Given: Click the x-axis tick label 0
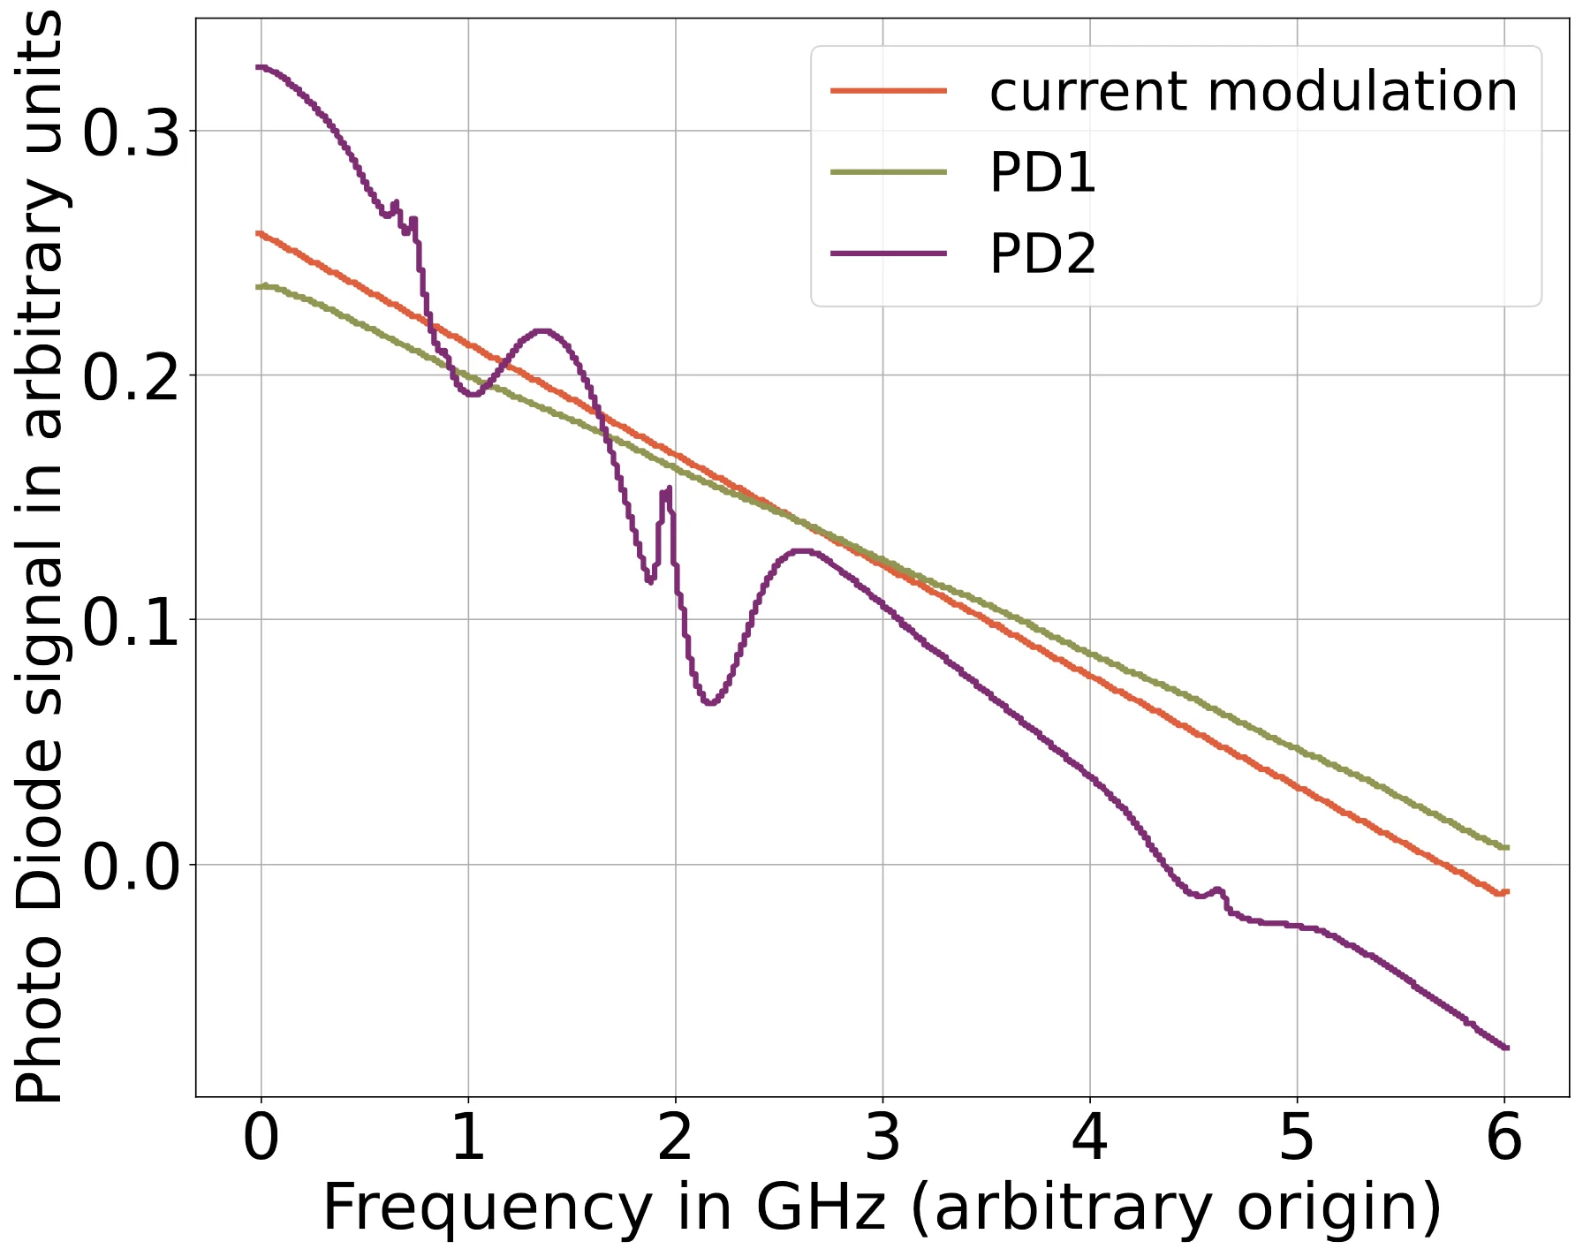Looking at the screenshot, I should tap(261, 1139).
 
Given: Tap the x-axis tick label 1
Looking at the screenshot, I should tap(468, 1139).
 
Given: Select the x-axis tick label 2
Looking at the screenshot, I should tap(675, 1139).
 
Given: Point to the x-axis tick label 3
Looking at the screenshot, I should tap(882, 1139).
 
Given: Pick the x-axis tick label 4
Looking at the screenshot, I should tap(1089, 1139).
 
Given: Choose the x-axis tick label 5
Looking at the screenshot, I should tap(1297, 1139).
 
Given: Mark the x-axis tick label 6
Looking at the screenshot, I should tap(1503, 1139).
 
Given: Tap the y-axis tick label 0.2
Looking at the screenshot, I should tap(131, 378).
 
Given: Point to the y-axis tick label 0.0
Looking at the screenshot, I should tap(131, 867).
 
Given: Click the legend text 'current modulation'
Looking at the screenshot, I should tap(1253, 92).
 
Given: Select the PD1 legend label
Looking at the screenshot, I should tap(1042, 172).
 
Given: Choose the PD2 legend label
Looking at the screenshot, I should tap(1042, 254).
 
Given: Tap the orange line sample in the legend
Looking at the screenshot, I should tap(888, 91).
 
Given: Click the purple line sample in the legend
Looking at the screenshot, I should tap(888, 254).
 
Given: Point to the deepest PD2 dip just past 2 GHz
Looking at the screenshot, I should tap(711, 702).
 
